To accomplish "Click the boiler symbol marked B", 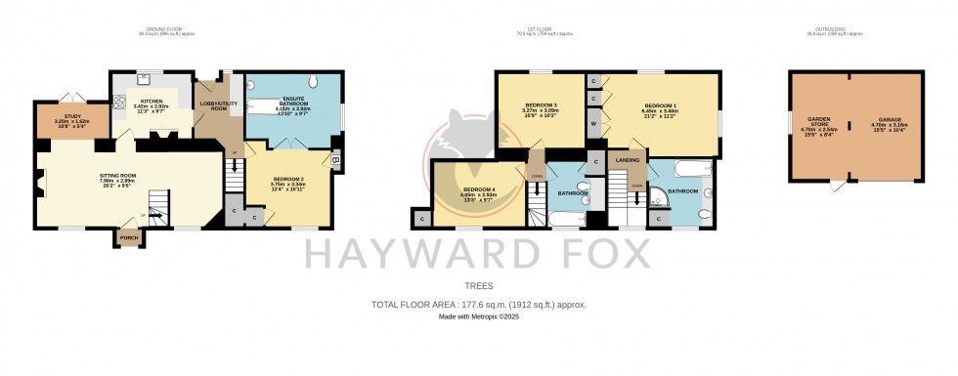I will coord(335,160).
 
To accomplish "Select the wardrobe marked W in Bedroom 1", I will coord(592,123).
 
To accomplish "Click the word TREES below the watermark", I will coord(478,287).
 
